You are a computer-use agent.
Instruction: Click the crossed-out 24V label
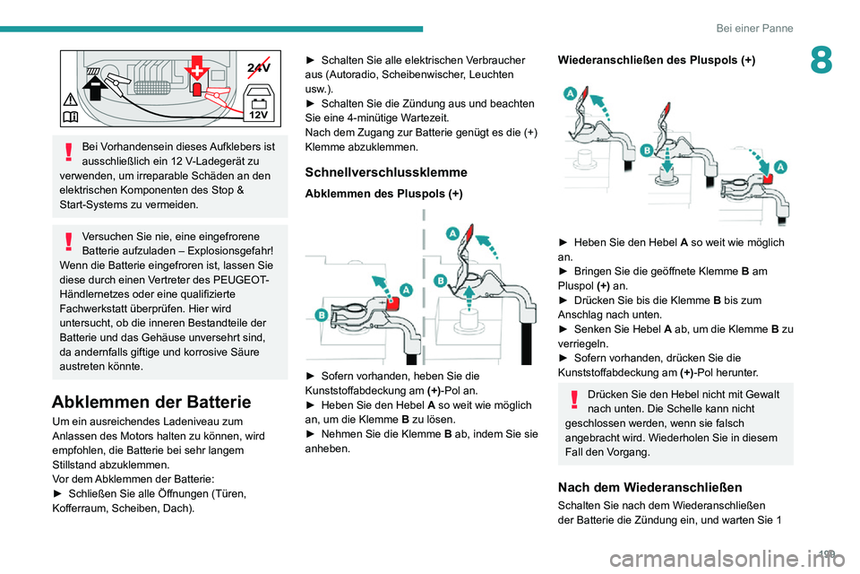259,65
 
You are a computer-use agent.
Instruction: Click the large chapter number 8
821,61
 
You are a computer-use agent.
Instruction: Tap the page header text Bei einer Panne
754,28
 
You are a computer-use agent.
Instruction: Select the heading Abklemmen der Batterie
151,402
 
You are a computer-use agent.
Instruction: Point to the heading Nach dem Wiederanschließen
649,487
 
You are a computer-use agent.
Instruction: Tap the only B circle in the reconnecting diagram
646,152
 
